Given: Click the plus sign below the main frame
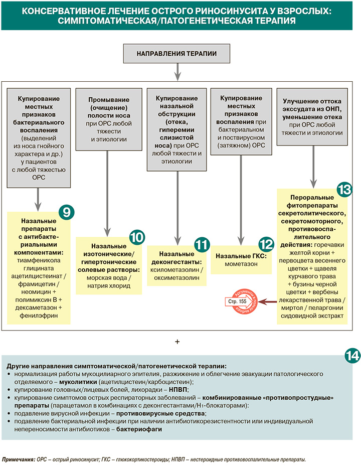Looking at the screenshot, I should [177, 342].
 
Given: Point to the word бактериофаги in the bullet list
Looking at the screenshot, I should [139, 430].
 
